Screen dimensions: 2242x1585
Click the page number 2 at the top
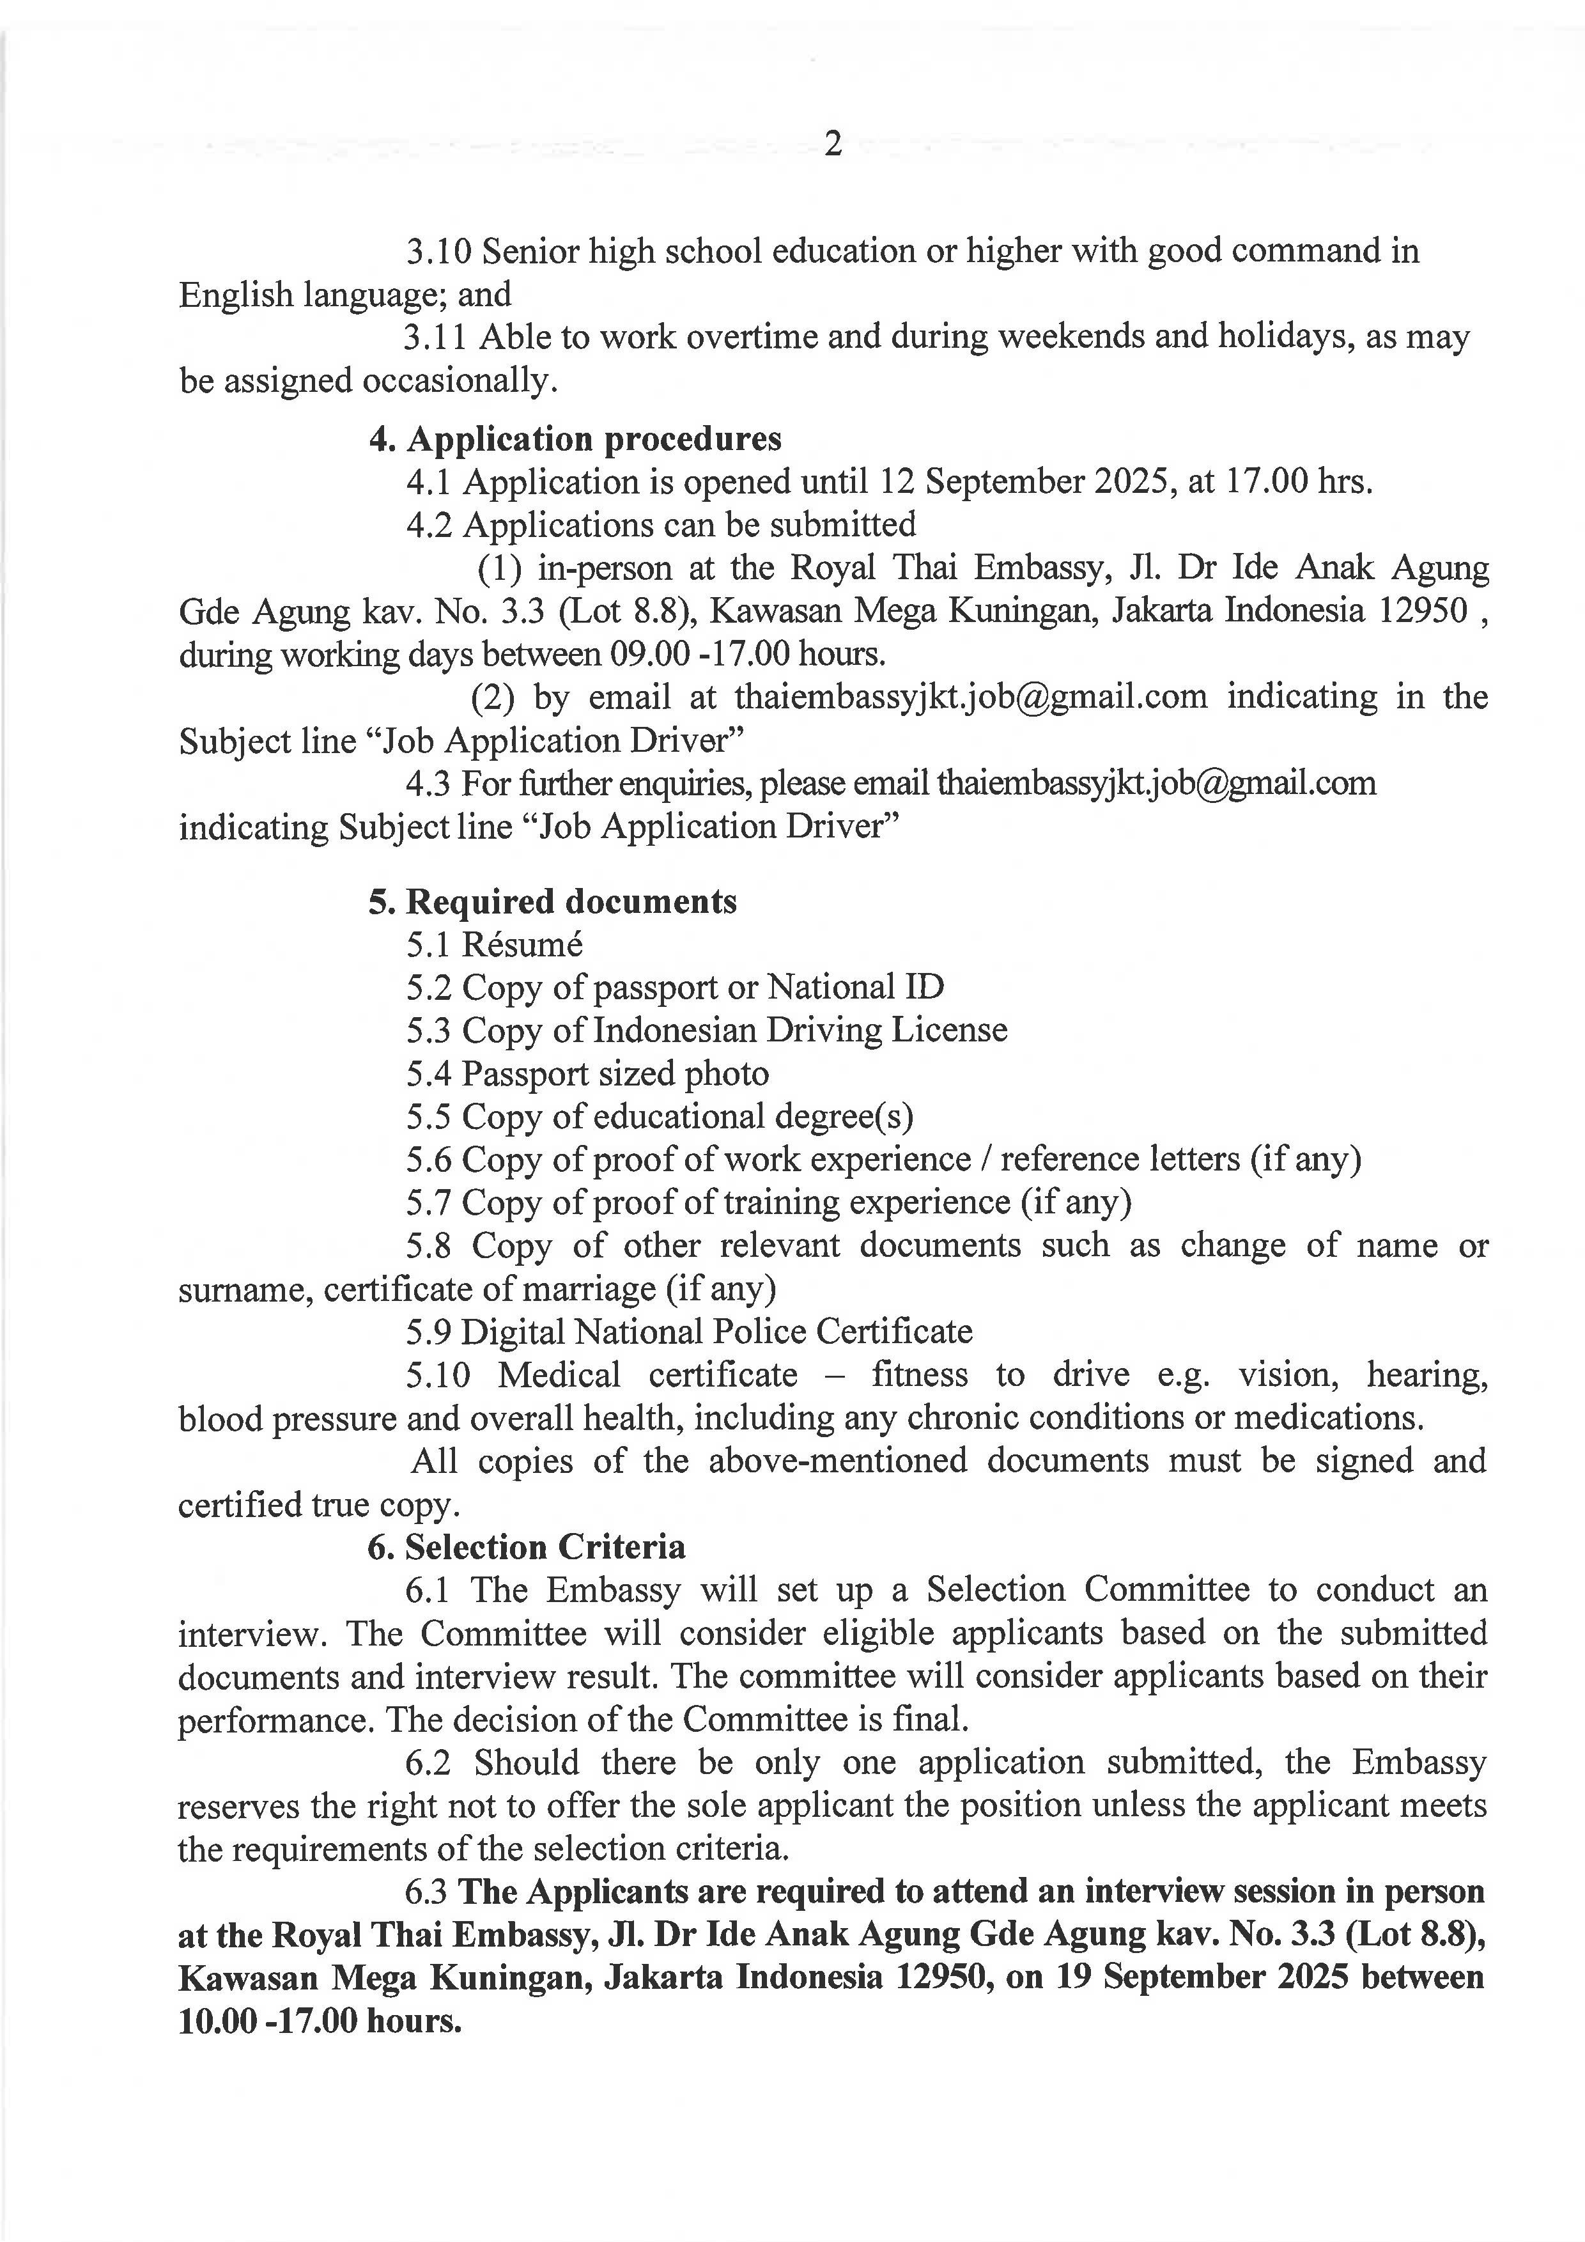(833, 144)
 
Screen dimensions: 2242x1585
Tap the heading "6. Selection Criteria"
(527, 1546)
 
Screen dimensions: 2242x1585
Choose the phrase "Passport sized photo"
(615, 1073)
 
